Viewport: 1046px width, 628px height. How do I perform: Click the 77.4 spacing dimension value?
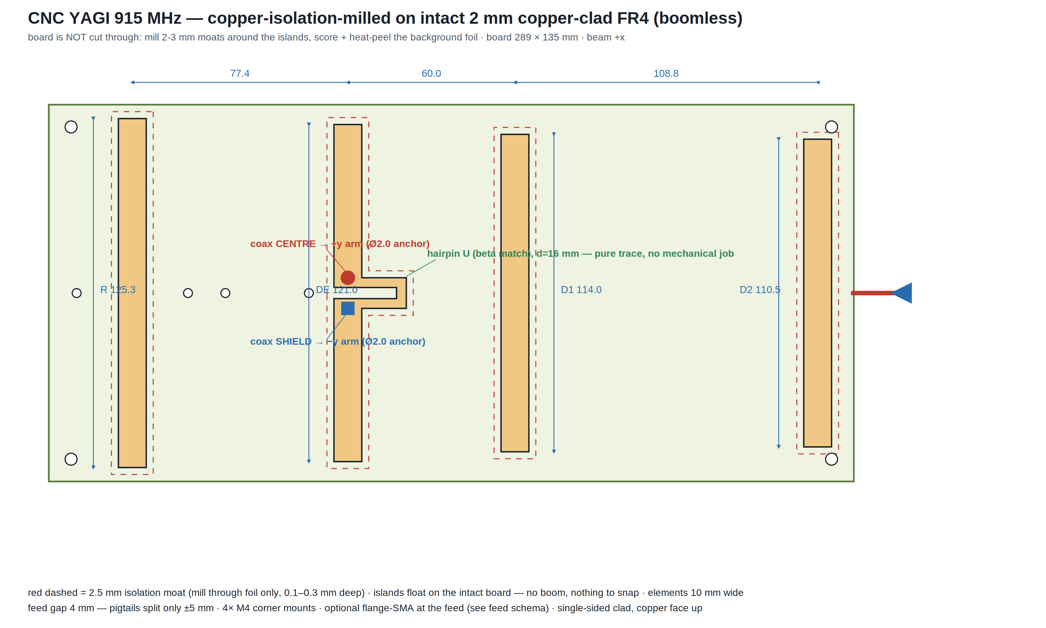pyautogui.click(x=240, y=74)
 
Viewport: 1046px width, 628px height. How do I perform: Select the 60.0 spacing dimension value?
pyautogui.click(x=431, y=74)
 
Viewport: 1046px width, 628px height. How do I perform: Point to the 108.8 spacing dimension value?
pyautogui.click(x=666, y=74)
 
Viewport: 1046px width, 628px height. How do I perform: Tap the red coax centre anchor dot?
pyautogui.click(x=348, y=278)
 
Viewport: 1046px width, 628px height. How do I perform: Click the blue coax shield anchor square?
pyautogui.click(x=348, y=308)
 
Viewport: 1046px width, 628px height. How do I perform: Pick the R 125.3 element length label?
pyautogui.click(x=118, y=290)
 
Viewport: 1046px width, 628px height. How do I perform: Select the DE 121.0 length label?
pyautogui.click(x=336, y=290)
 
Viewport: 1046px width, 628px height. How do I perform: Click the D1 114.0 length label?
pyautogui.click(x=581, y=290)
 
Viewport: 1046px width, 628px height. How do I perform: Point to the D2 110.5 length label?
pyautogui.click(x=760, y=290)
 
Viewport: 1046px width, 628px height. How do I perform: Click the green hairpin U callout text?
pyautogui.click(x=581, y=254)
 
